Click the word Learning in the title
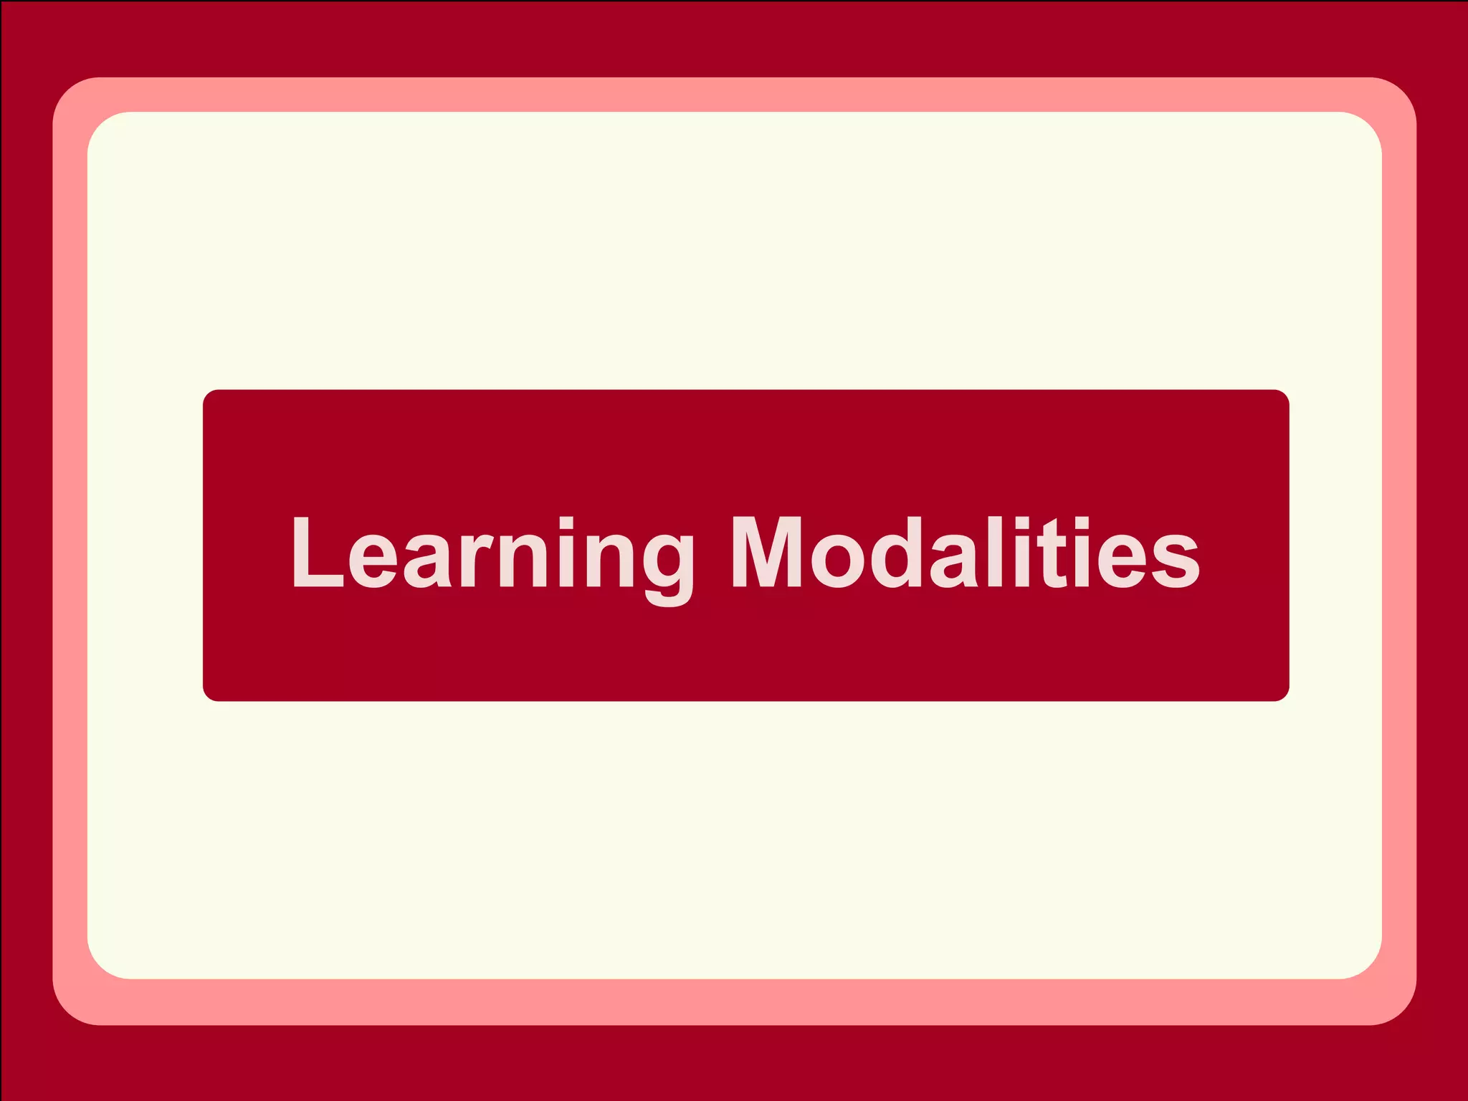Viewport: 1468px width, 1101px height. click(x=492, y=553)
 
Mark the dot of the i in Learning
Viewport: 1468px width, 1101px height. click(x=566, y=522)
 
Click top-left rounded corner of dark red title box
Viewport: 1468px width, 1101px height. click(x=210, y=397)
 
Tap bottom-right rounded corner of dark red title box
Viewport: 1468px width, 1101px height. click(x=1282, y=693)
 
